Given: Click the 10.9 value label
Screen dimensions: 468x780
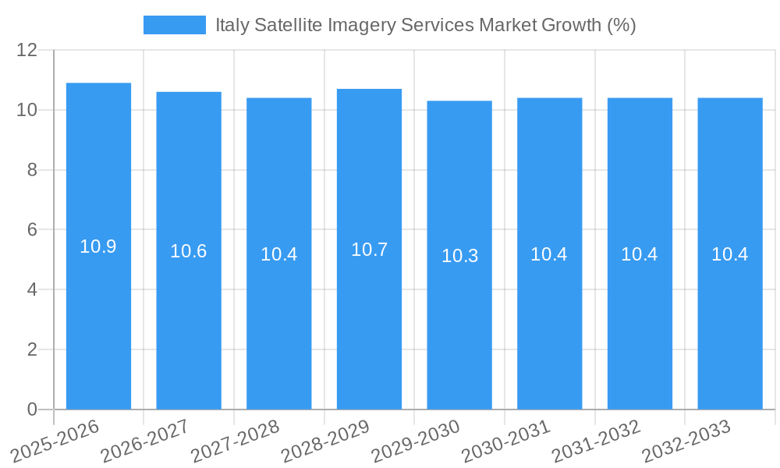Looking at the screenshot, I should tap(98, 246).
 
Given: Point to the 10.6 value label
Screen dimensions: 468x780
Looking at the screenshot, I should tap(189, 251).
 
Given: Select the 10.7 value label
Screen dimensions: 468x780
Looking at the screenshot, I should tap(369, 250).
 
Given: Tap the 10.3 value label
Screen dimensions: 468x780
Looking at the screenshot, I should tap(459, 256).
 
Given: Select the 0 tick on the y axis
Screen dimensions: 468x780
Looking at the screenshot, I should tap(32, 409).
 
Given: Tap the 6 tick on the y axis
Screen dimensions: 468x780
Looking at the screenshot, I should tap(32, 230).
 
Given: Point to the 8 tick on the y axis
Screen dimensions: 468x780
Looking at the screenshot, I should tap(32, 170).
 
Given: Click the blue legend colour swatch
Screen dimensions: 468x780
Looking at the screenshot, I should tap(175, 25).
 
